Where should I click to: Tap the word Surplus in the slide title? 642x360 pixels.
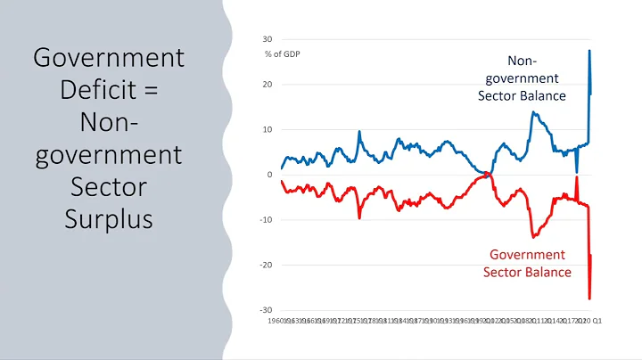[x=110, y=218]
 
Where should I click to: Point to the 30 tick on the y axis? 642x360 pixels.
[x=267, y=39]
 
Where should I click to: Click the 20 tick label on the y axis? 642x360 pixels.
[x=267, y=85]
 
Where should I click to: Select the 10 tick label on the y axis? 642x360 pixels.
[x=267, y=129]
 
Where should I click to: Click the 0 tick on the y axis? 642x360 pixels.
[x=269, y=175]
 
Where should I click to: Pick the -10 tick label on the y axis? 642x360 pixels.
[x=266, y=220]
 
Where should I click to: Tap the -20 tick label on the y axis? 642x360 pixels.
[x=266, y=265]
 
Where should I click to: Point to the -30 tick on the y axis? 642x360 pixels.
[x=266, y=310]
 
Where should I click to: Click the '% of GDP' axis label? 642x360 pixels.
[x=284, y=54]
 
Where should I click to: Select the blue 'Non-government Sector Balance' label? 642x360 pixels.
[x=524, y=78]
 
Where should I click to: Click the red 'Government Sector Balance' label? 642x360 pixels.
[x=527, y=264]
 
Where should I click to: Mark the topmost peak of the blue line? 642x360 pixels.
[x=589, y=50]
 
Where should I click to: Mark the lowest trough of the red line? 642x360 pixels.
[x=589, y=299]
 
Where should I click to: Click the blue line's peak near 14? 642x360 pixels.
[x=532, y=112]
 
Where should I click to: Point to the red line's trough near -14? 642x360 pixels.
[x=532, y=237]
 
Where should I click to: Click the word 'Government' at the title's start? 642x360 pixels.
[x=109, y=59]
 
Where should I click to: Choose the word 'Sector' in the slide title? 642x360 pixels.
[x=110, y=186]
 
